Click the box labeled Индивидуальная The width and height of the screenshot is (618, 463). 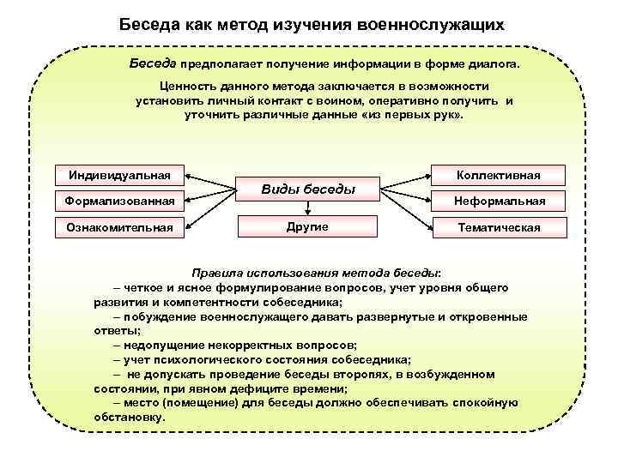pos(119,176)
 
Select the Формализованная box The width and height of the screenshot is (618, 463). pos(119,201)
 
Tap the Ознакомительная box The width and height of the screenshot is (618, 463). pos(119,227)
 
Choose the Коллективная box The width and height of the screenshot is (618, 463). pos(498,176)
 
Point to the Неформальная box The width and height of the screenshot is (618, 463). pos(498,201)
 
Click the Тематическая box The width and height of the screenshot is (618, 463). pos(498,227)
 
